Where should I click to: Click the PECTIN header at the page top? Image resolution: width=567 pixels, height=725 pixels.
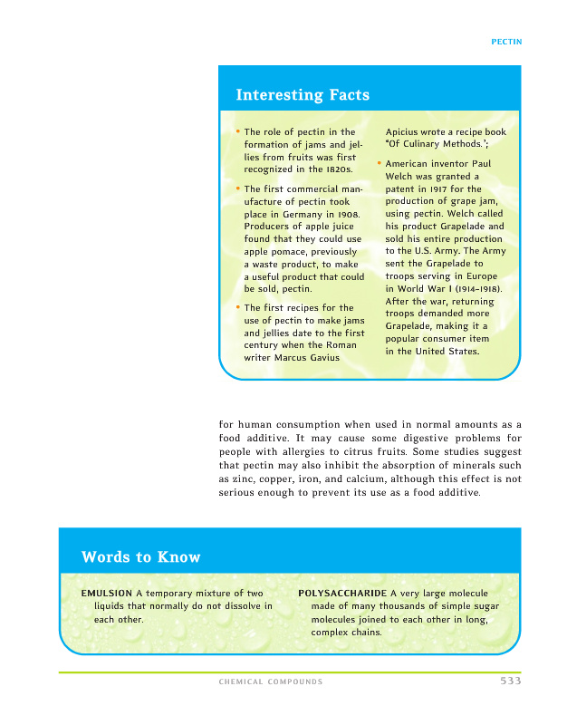tap(506, 42)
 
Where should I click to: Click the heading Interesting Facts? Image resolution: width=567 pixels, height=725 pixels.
tap(303, 94)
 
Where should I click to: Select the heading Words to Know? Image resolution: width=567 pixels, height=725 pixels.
tap(140, 556)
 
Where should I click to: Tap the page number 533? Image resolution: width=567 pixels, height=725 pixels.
tap(510, 681)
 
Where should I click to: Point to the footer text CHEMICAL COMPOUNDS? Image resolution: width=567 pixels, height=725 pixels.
tap(271, 681)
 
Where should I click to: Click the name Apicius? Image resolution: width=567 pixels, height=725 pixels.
tap(406, 131)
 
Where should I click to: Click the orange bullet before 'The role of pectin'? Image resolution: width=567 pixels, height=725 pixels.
tap(237, 131)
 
